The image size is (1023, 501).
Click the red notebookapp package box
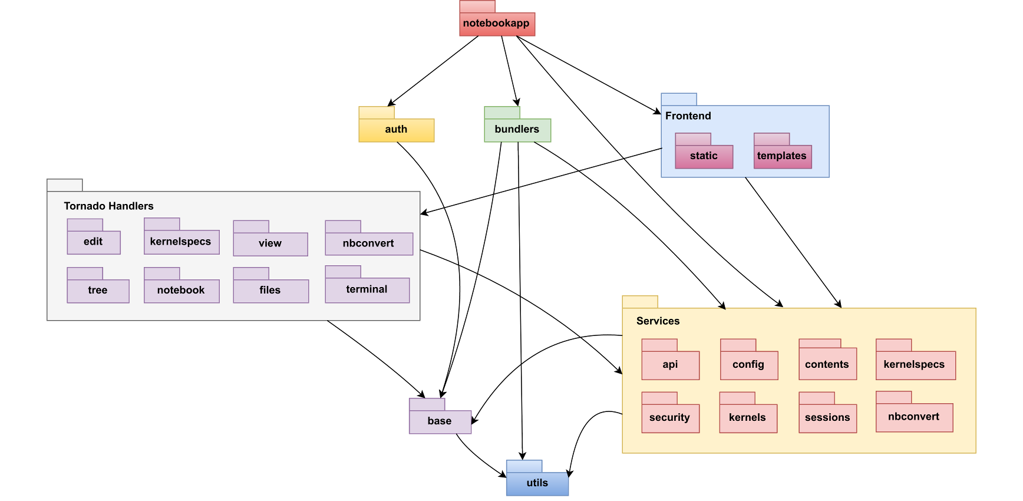(497, 24)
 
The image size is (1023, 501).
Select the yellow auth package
(396, 130)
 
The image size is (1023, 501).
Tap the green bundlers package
(517, 130)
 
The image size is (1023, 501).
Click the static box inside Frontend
(704, 156)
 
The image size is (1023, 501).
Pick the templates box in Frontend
(782, 156)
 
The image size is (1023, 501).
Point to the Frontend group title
(688, 116)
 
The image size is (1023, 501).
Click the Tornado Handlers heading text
(108, 206)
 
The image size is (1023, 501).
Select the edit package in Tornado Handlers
(93, 242)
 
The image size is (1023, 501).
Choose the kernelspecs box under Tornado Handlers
(181, 242)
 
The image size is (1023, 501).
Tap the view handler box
(270, 243)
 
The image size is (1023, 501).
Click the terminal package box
(367, 289)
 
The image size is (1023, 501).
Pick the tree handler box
(98, 291)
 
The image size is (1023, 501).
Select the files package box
(270, 291)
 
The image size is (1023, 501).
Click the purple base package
(440, 421)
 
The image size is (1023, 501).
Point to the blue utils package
(537, 483)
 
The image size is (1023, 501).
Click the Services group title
(658, 321)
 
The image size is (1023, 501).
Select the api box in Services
(670, 365)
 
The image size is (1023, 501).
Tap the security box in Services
(670, 418)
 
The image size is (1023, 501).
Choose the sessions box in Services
(827, 418)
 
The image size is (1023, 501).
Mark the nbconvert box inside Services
(914, 417)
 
